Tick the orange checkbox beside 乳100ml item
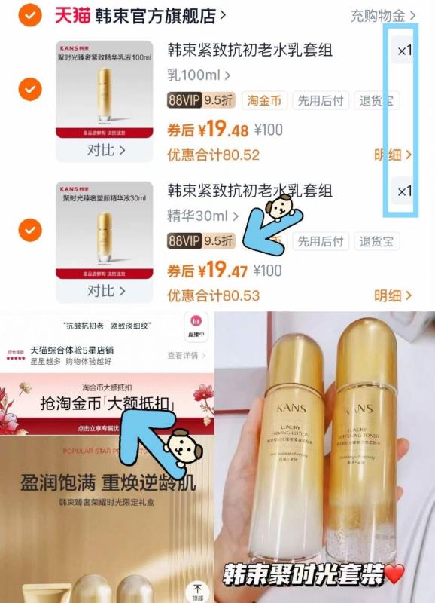29,89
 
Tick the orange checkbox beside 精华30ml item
29,228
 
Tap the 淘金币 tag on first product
264,100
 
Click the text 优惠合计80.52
213,155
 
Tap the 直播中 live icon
196,326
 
